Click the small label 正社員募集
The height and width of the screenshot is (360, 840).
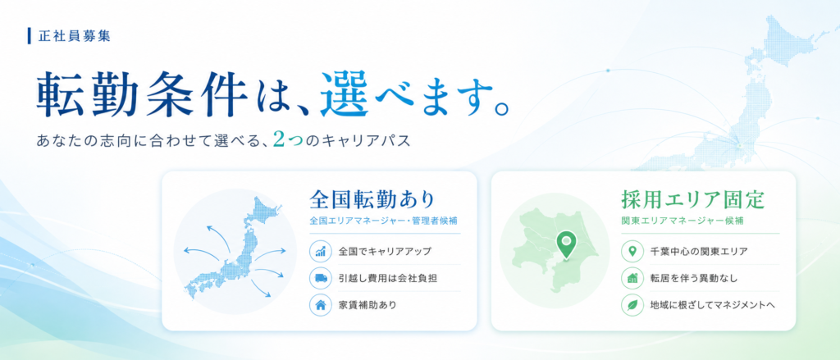pyautogui.click(x=75, y=36)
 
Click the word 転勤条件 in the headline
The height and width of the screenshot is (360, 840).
pyautogui.click(x=142, y=97)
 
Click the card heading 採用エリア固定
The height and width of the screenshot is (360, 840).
pyautogui.click(x=692, y=199)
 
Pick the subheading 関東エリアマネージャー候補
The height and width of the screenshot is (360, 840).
pyautogui.click(x=682, y=221)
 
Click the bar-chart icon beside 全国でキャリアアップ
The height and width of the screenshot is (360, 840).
pyautogui.click(x=321, y=251)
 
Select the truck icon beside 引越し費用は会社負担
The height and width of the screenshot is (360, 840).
pyautogui.click(x=321, y=278)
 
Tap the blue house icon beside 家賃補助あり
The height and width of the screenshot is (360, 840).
pyautogui.click(x=321, y=305)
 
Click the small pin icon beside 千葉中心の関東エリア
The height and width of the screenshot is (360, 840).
pyautogui.click(x=632, y=251)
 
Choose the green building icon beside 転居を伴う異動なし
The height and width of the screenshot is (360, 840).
pyautogui.click(x=632, y=278)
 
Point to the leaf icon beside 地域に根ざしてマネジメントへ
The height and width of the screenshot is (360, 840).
pyautogui.click(x=632, y=305)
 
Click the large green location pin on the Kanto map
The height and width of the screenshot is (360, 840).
pyautogui.click(x=564, y=244)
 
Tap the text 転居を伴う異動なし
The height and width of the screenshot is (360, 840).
pyautogui.click(x=694, y=278)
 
